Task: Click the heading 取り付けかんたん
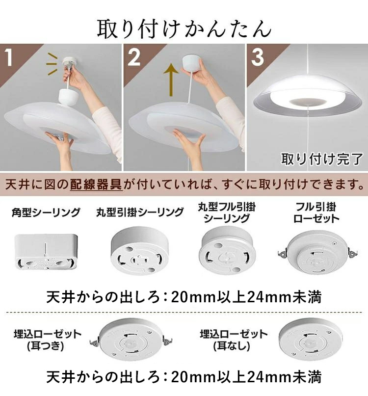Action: [x=184, y=29]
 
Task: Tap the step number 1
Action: [x=10, y=58]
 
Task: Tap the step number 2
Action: [x=133, y=58]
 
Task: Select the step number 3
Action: [x=257, y=58]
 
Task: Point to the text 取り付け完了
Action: [x=321, y=158]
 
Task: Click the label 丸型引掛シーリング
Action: [x=140, y=212]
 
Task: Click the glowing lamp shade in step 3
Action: [x=305, y=98]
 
